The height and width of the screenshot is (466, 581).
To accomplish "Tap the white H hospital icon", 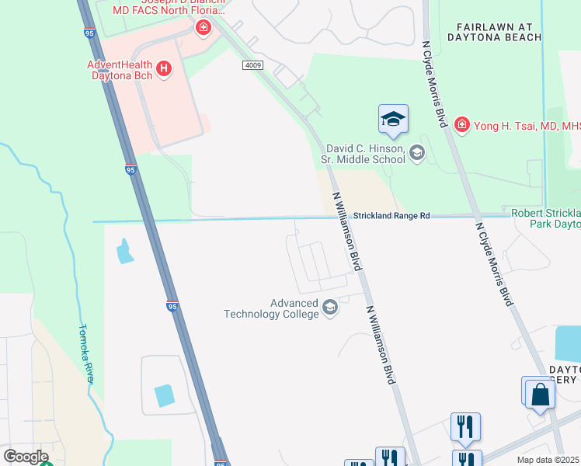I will coord(164,69).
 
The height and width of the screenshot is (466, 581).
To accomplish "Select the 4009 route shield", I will coord(251,66).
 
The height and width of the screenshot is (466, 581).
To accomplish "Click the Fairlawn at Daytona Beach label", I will coord(495,31).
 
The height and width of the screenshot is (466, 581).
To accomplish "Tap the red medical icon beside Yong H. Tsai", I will coord(461,124).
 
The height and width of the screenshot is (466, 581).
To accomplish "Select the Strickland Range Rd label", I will coord(391,215).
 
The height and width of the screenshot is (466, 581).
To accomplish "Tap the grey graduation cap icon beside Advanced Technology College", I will coord(330,308).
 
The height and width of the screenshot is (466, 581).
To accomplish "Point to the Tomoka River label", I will coord(87,353).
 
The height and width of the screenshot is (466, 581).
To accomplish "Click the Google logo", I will coord(26,456).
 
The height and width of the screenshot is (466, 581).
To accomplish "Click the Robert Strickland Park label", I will coord(545,218).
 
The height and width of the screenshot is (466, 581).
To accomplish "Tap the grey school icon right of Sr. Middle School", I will coord(417,153).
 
